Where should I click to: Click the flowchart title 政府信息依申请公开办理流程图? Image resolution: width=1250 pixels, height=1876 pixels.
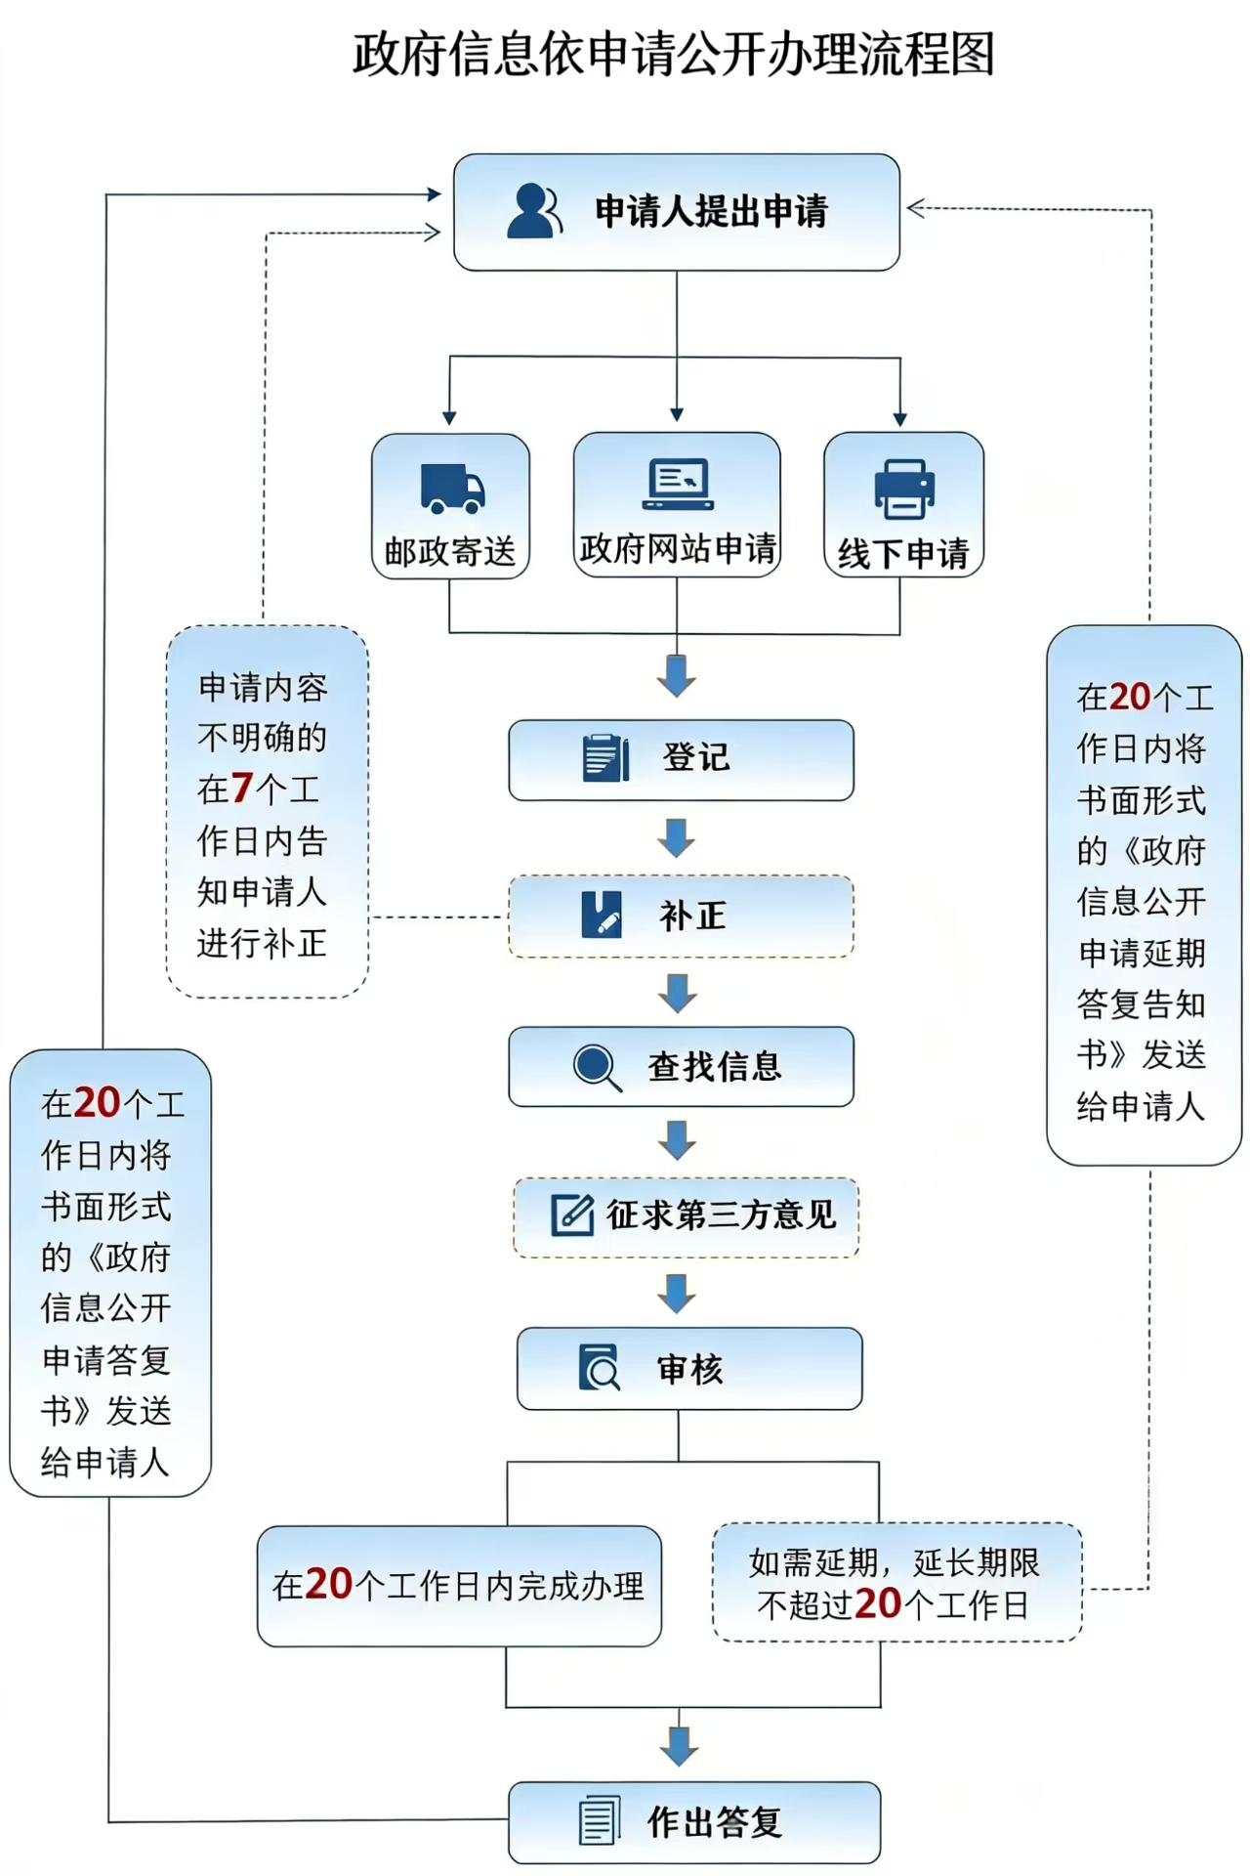(674, 54)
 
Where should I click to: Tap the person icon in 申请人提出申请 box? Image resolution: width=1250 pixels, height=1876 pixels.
(533, 210)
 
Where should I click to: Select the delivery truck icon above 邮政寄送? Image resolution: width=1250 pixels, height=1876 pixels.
(452, 488)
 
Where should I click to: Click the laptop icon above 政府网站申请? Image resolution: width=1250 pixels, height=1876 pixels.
(678, 484)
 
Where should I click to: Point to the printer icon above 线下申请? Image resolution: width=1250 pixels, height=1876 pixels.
(904, 489)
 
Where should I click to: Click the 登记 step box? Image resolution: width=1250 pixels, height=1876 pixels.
(681, 759)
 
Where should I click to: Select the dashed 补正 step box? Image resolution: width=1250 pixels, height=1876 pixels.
(681, 916)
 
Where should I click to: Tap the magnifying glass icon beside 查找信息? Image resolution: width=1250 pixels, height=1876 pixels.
(597, 1067)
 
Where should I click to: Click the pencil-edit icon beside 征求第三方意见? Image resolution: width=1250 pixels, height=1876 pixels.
(572, 1215)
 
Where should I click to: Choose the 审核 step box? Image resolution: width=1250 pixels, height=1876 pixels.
(689, 1368)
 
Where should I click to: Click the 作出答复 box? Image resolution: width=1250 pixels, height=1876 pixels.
(694, 1822)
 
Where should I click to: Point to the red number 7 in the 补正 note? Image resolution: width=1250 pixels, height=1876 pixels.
(242, 789)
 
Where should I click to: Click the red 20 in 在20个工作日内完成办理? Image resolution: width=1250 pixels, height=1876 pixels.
(328, 1585)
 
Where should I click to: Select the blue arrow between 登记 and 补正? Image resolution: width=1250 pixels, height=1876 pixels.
(677, 837)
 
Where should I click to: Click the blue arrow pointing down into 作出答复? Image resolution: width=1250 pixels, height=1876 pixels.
(679, 1745)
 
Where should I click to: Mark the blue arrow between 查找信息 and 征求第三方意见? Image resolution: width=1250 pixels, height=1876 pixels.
(677, 1140)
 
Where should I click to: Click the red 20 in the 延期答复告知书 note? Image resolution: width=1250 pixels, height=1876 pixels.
(1130, 697)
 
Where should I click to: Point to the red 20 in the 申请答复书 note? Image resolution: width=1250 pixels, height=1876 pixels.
(96, 1103)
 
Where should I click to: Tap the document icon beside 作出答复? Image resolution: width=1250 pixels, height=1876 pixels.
(599, 1821)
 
